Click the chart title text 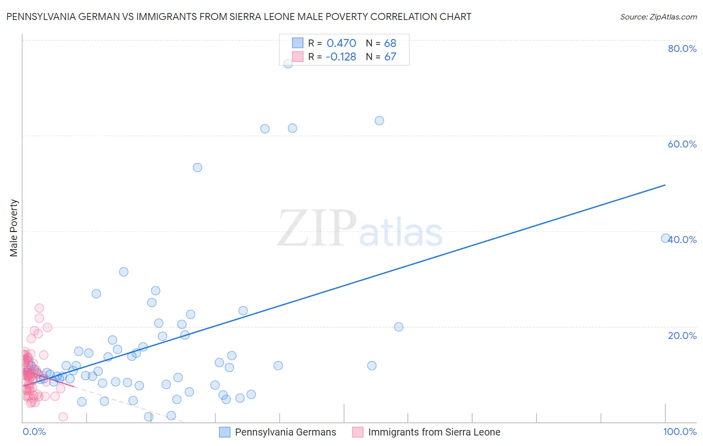[x=238, y=16]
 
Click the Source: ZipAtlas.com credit [x=658, y=16]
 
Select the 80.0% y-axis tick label [x=682, y=48]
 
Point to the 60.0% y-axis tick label [x=682, y=144]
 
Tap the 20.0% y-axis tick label [x=682, y=335]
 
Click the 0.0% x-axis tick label [x=34, y=431]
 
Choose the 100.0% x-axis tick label [x=679, y=431]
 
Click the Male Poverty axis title [x=14, y=228]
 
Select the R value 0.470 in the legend [x=341, y=43]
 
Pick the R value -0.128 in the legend [x=340, y=56]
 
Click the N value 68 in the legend [x=390, y=43]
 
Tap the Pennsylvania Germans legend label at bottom [x=285, y=432]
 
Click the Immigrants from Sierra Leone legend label [x=434, y=432]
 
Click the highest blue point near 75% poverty [x=288, y=63]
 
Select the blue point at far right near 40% [x=665, y=238]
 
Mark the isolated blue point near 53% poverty [x=197, y=167]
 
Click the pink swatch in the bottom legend [x=357, y=432]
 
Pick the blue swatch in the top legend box [x=297, y=43]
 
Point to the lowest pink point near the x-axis [x=63, y=416]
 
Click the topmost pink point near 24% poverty [x=39, y=308]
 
